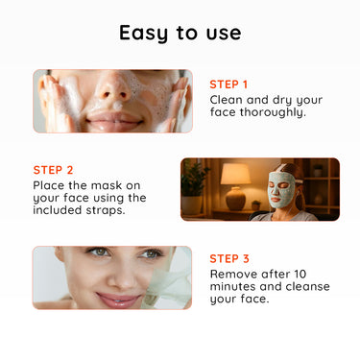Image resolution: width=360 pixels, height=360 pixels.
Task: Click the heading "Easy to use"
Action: (x=180, y=33)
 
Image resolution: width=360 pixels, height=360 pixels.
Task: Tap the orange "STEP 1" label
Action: (x=228, y=84)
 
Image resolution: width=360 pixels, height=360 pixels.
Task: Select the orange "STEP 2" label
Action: (x=53, y=170)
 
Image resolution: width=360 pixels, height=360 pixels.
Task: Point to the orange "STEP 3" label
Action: (x=229, y=258)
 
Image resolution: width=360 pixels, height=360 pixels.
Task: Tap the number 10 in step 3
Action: (x=300, y=275)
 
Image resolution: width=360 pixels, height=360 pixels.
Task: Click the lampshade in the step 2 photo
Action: (x=236, y=174)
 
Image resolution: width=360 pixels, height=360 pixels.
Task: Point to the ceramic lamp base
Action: (x=235, y=199)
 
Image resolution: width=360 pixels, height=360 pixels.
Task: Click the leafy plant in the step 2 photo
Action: (x=193, y=179)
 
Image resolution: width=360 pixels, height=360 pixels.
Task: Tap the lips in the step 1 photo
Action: (x=113, y=121)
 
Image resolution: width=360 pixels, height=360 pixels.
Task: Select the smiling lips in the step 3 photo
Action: (x=118, y=300)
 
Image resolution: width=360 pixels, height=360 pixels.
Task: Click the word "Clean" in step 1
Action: (x=227, y=100)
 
